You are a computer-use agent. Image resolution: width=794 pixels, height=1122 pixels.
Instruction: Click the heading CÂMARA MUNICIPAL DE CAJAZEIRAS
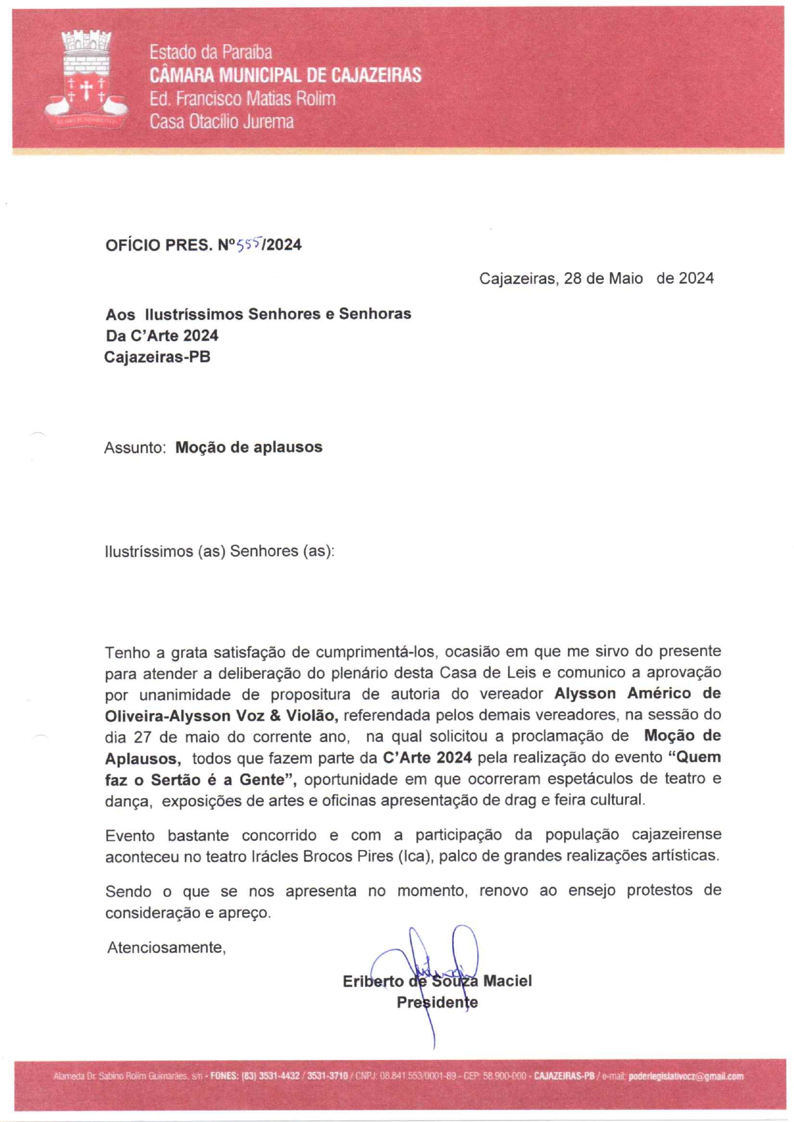[285, 76]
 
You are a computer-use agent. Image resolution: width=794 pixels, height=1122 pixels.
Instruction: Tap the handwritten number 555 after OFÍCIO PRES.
[248, 243]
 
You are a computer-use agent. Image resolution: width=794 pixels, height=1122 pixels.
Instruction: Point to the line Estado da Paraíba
[211, 52]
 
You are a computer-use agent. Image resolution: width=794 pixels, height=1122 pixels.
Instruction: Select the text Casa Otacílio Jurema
[222, 122]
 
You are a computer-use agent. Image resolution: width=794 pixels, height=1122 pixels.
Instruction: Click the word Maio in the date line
[626, 278]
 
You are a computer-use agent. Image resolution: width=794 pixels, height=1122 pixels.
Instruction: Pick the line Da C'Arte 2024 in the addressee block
[162, 335]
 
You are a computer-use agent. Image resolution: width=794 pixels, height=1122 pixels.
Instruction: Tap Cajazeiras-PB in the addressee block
[158, 357]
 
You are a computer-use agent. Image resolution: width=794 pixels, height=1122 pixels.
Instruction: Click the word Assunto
[135, 447]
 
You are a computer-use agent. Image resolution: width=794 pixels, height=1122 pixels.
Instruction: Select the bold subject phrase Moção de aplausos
[248, 447]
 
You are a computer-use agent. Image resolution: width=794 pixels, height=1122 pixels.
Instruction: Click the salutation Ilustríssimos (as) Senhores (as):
[220, 551]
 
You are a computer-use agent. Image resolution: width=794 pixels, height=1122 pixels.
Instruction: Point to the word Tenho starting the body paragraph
[127, 652]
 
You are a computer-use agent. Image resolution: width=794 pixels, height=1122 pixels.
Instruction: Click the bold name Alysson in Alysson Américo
[585, 694]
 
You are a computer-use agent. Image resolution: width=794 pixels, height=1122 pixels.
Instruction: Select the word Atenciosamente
[166, 947]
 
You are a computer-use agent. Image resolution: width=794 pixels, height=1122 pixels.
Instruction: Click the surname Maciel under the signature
[507, 981]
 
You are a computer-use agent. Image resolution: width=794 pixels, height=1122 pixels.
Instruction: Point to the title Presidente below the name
[437, 1002]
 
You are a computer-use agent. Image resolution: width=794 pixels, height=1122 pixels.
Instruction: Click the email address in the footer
[686, 1077]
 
